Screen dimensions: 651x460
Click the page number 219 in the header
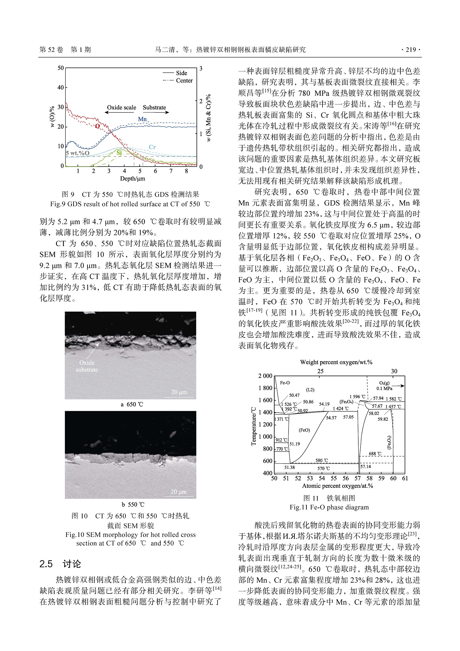pyautogui.click(x=410, y=50)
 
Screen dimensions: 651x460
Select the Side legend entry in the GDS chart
pyautogui.click(x=181, y=73)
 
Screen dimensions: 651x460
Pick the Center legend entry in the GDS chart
pyautogui.click(x=184, y=81)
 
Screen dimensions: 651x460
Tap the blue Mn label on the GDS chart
pyautogui.click(x=142, y=119)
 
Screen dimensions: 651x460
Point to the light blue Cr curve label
pyautogui.click(x=152, y=147)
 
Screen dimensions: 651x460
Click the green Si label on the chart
pyautogui.click(x=119, y=153)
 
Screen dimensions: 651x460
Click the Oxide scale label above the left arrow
pyautogui.click(x=121, y=108)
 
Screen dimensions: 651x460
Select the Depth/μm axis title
pyautogui.click(x=132, y=179)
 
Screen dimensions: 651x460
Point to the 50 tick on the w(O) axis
pyautogui.click(x=61, y=68)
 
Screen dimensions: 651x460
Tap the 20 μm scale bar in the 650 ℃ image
pyautogui.click(x=179, y=392)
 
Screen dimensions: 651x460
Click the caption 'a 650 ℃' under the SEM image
pyautogui.click(x=132, y=404)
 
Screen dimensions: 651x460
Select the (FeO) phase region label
pyautogui.click(x=304, y=430)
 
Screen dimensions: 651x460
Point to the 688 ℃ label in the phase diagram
pyautogui.click(x=375, y=454)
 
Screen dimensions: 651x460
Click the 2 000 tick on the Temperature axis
pyautogui.click(x=265, y=376)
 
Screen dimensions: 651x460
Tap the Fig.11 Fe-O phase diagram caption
pyautogui.click(x=329, y=507)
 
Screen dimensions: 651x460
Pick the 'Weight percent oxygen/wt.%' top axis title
pyautogui.click(x=336, y=362)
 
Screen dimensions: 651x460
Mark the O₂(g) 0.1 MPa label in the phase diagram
pyautogui.click(x=384, y=385)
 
